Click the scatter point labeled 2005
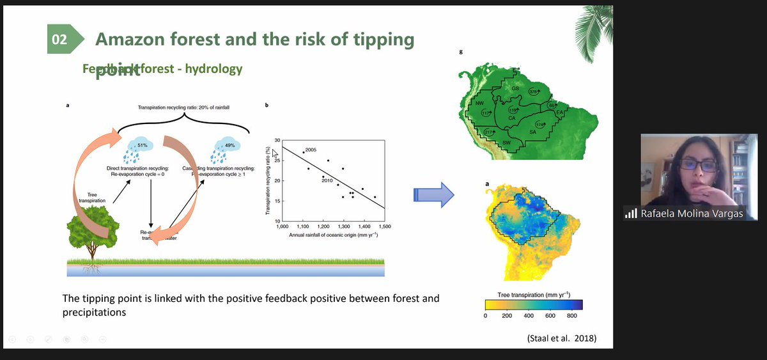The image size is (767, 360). [303, 153]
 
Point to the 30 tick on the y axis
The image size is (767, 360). [277, 140]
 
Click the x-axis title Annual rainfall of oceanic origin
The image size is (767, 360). [332, 235]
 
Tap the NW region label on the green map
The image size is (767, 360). [480, 103]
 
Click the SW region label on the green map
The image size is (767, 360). [506, 142]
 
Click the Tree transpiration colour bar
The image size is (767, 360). [534, 304]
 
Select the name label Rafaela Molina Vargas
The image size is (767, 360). [692, 214]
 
